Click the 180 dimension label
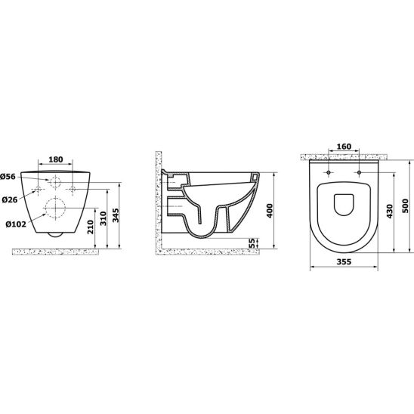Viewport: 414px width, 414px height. click(56, 159)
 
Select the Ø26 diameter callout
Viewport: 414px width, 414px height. click(10, 199)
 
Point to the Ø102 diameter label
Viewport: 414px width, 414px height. click(16, 224)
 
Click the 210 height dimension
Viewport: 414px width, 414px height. click(91, 227)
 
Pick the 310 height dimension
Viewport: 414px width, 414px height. click(103, 218)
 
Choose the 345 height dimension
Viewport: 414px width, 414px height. click(116, 215)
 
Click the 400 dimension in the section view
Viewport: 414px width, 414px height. click(270, 211)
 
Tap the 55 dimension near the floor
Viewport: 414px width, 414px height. click(252, 243)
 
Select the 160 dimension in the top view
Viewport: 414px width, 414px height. click(344, 147)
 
